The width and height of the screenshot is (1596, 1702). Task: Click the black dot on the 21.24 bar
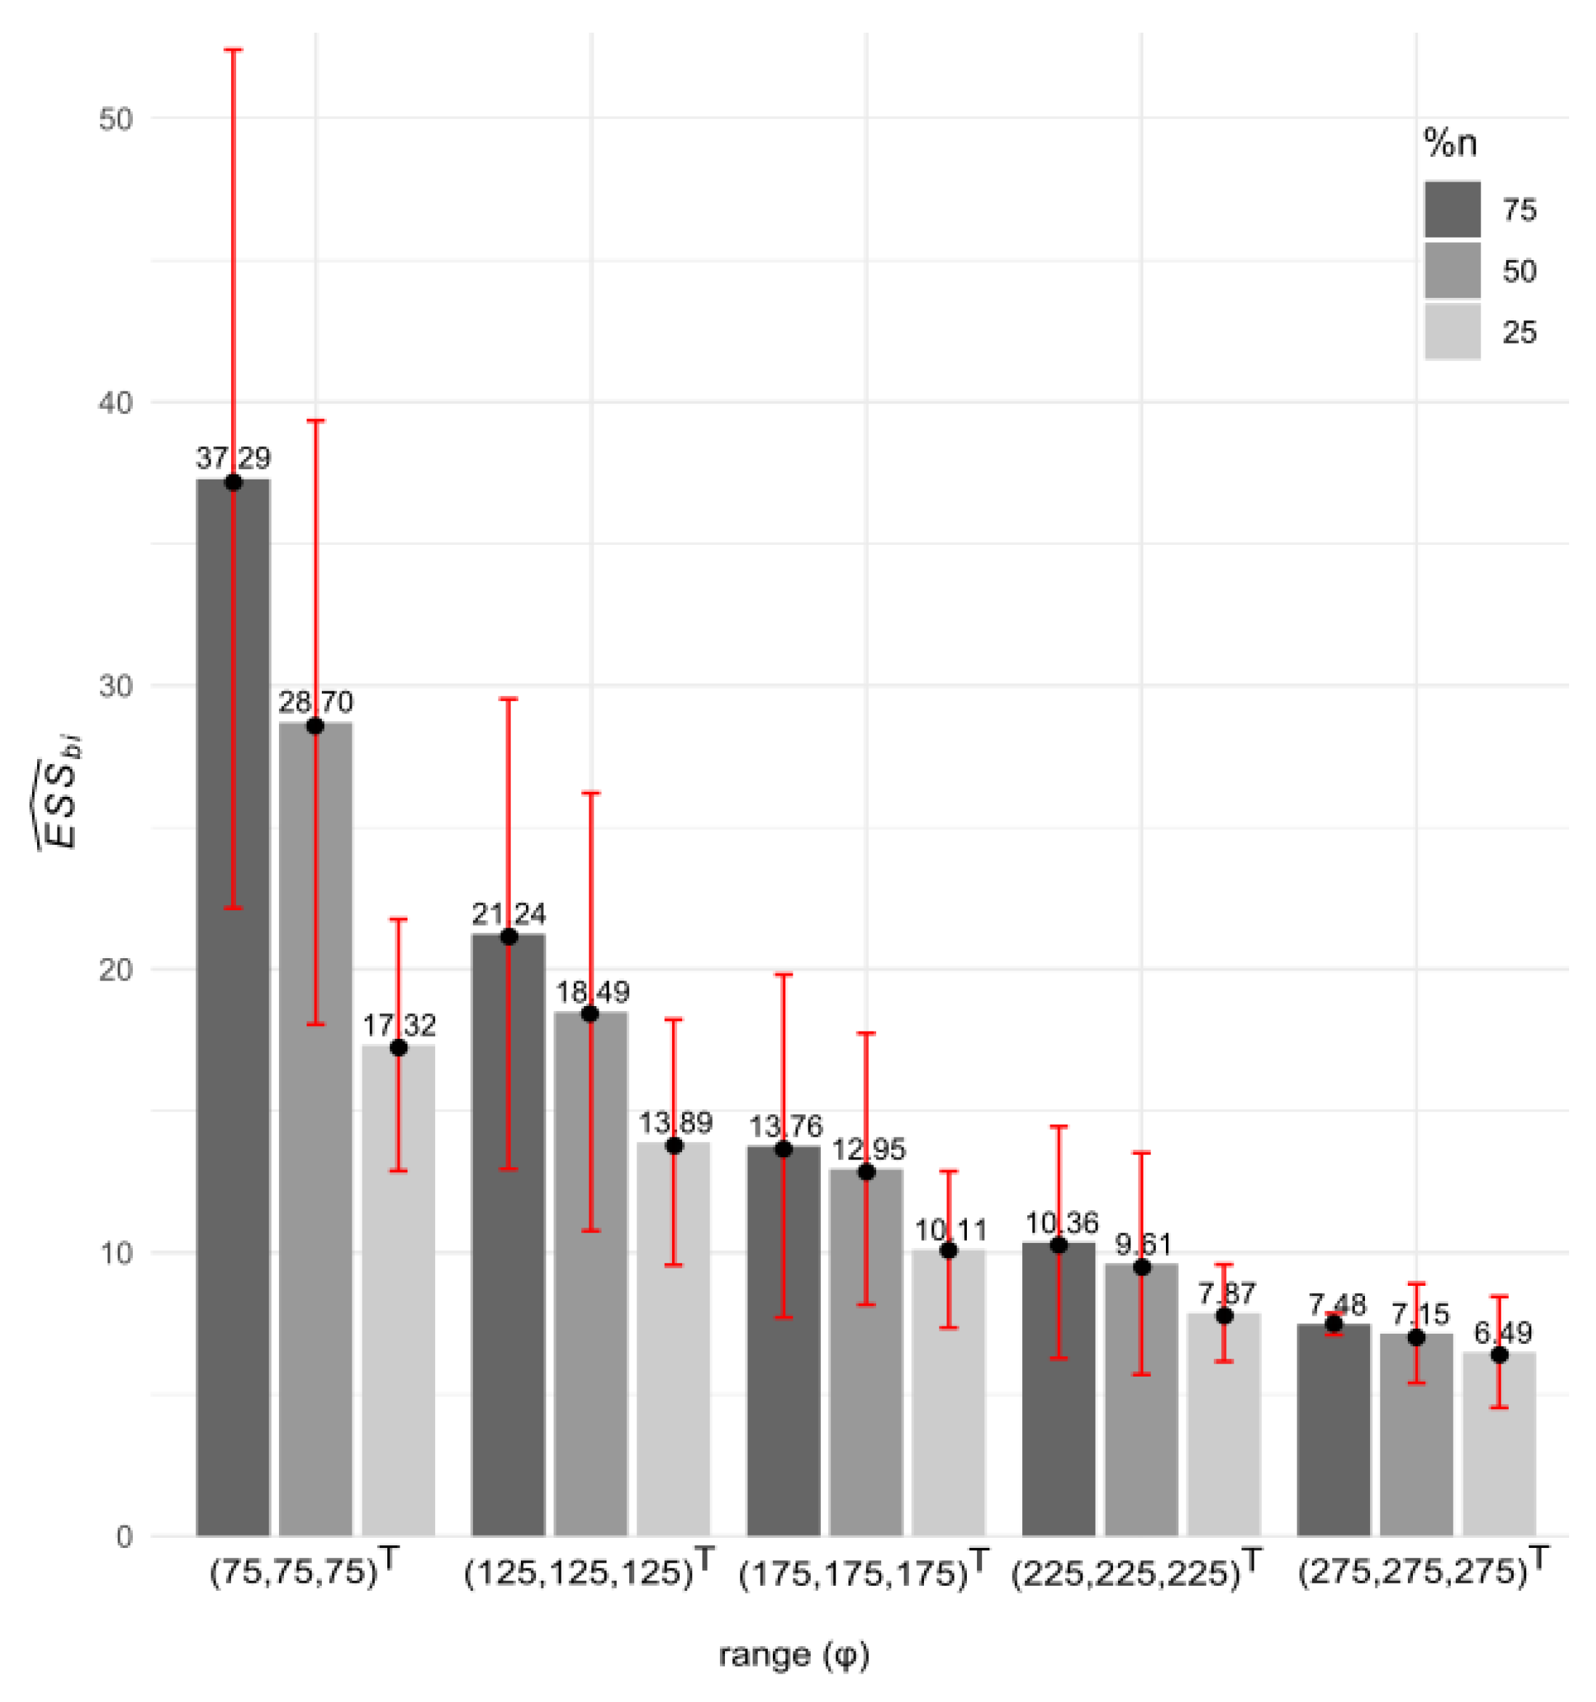click(509, 936)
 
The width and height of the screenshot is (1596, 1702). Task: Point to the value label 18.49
click(591, 992)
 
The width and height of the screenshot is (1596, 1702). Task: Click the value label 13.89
click(675, 1122)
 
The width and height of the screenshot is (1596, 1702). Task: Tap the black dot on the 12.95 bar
click(867, 1172)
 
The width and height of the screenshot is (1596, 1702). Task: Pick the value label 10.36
click(1060, 1223)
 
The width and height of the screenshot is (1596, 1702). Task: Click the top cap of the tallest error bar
click(233, 49)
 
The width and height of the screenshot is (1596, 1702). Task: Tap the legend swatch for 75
click(1452, 209)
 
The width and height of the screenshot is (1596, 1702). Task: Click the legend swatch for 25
click(1452, 331)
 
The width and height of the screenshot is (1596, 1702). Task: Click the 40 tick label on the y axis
click(116, 402)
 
